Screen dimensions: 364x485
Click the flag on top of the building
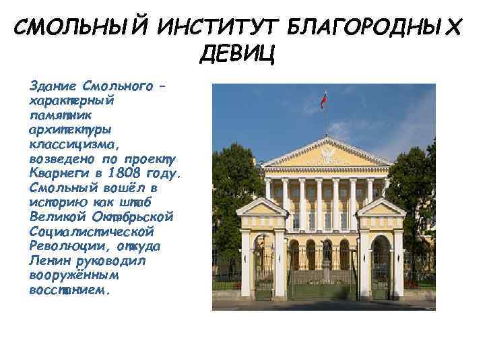(324, 101)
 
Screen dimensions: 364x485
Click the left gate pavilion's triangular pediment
(263, 208)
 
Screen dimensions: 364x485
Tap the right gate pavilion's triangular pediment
(381, 208)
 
